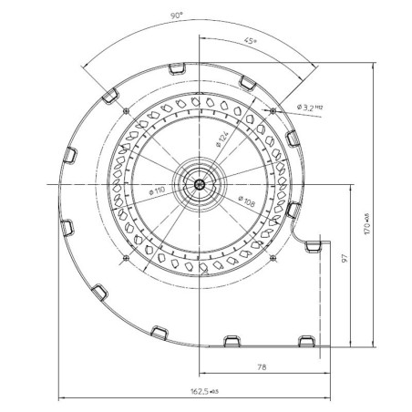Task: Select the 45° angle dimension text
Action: point(247,40)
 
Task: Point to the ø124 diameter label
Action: point(221,139)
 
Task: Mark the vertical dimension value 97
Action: point(345,259)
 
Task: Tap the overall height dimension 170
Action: point(367,222)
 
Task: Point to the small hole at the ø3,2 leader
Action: point(273,108)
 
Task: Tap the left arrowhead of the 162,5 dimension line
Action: point(61,397)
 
